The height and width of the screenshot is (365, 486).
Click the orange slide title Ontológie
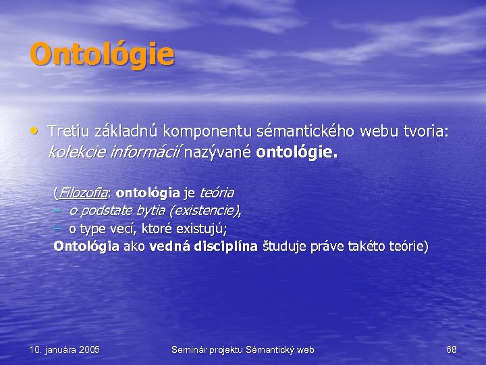click(102, 55)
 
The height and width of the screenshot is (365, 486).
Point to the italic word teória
click(217, 193)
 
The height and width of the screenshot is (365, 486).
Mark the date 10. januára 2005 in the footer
click(65, 349)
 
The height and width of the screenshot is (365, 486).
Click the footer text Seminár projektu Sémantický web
click(243, 349)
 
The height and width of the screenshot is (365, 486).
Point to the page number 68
click(452, 349)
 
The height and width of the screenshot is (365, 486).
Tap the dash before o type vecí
click(58, 228)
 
